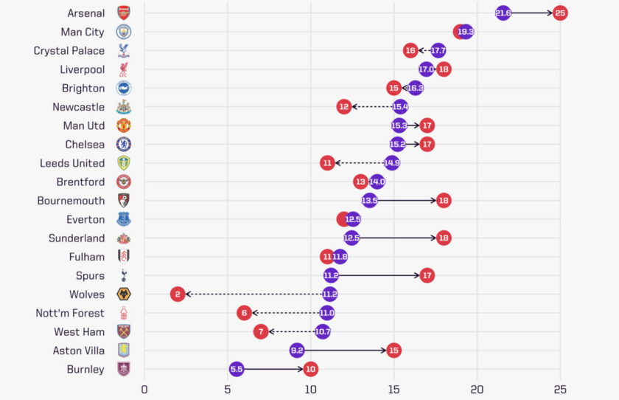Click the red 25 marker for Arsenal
[x=560, y=13]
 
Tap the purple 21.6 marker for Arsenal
[x=503, y=13]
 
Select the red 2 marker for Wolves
[x=178, y=294]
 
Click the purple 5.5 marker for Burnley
[x=236, y=369]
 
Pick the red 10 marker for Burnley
[x=310, y=369]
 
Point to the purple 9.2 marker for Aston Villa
[x=297, y=351]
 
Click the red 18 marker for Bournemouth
[x=444, y=201]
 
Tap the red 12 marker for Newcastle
[x=343, y=107]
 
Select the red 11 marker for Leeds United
[x=327, y=163]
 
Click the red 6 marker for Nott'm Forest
[x=244, y=313]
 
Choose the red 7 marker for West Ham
[x=261, y=332]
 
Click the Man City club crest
[x=123, y=32]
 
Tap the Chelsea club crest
[x=123, y=145]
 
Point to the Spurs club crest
[x=123, y=275]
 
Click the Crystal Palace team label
[x=69, y=51]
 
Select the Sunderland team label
[x=77, y=238]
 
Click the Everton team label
[x=85, y=219]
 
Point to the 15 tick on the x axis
[x=394, y=389]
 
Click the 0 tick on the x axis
[x=144, y=389]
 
